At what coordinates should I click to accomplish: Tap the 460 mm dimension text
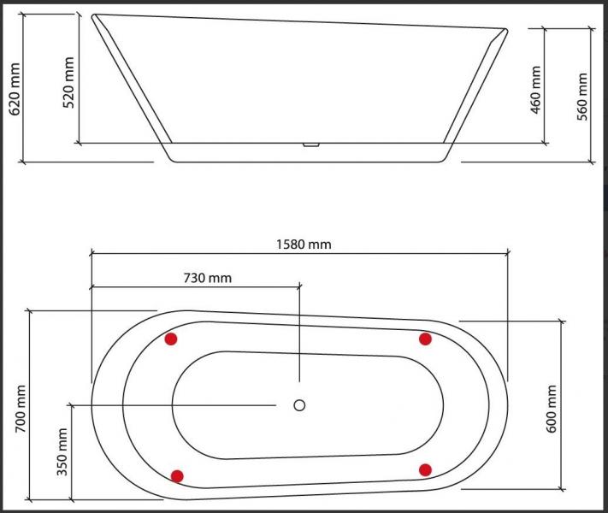coord(537,92)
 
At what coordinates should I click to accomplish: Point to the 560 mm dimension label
coord(583,96)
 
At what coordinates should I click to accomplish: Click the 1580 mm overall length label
coord(303,245)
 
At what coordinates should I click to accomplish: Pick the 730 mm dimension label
coord(207,278)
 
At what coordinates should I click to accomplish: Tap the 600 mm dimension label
coord(552,408)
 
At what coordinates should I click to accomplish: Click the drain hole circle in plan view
coord(299,405)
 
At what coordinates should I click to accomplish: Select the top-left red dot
coord(171,339)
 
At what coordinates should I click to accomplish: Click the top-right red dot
coord(425,339)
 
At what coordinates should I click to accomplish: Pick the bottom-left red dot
coord(177,475)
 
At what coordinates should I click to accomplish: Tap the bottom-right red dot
coord(425,469)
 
